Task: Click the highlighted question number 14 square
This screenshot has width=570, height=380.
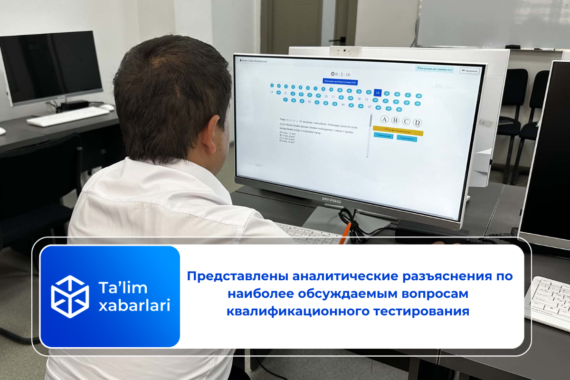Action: pos(378,93)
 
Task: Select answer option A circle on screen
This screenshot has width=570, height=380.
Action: pos(385,120)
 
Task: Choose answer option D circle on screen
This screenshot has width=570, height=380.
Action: pos(418,123)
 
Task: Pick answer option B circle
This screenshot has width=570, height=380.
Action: pos(395,121)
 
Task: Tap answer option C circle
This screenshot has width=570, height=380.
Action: pos(406,122)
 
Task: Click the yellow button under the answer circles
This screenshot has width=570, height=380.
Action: pos(398,130)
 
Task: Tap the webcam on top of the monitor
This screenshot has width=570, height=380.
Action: pos(345,51)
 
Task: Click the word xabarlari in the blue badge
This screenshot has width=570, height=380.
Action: pos(134,305)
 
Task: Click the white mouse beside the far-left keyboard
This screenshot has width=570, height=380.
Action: pos(107,108)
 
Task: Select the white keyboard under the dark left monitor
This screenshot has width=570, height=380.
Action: pos(67,116)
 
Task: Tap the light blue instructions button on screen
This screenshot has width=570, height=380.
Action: pos(434,69)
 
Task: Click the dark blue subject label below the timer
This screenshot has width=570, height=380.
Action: pos(340,82)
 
